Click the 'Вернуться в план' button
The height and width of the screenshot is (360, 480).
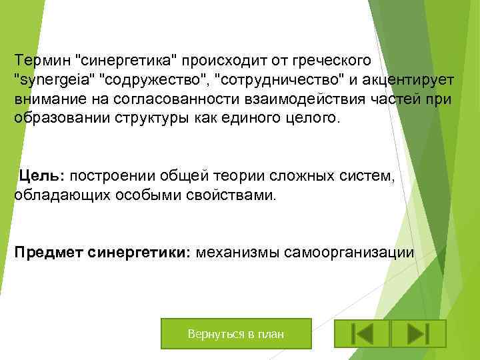click(x=236, y=333)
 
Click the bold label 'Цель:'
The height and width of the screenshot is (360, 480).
click(x=41, y=176)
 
